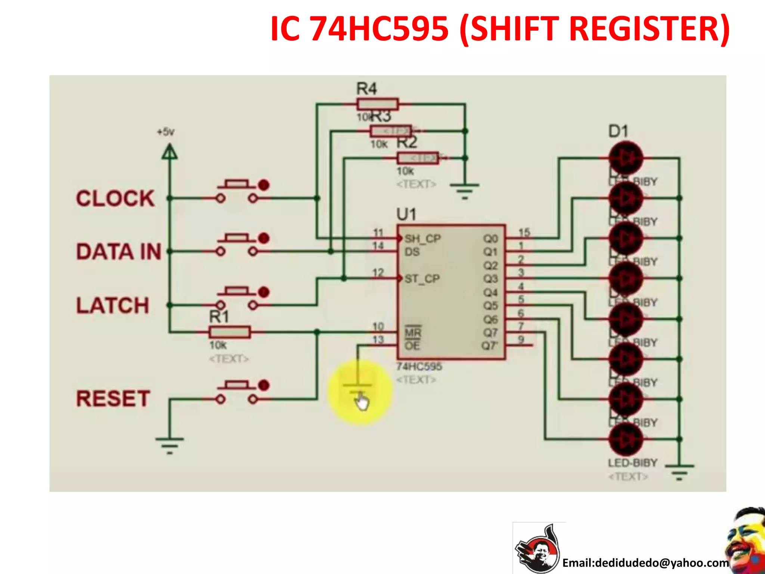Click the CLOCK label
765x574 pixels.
tap(115, 198)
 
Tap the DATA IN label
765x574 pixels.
tap(119, 251)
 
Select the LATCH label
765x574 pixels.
tap(113, 305)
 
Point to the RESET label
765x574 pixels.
tap(113, 398)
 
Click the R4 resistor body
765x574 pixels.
tap(377, 104)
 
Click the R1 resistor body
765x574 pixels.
tap(229, 332)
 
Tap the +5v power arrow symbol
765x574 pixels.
tap(170, 152)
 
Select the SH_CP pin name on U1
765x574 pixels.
tap(423, 238)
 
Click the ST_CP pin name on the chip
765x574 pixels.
tap(422, 279)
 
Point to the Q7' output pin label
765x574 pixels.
tap(489, 346)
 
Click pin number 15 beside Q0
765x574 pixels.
tap(524, 232)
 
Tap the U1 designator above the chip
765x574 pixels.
tap(406, 215)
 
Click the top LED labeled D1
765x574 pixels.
tap(626, 158)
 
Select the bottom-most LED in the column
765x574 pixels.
tap(626, 439)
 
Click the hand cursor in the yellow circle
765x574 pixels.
tap(361, 402)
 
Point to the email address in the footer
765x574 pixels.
tap(645, 562)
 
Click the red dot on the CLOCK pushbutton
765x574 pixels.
tap(264, 185)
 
